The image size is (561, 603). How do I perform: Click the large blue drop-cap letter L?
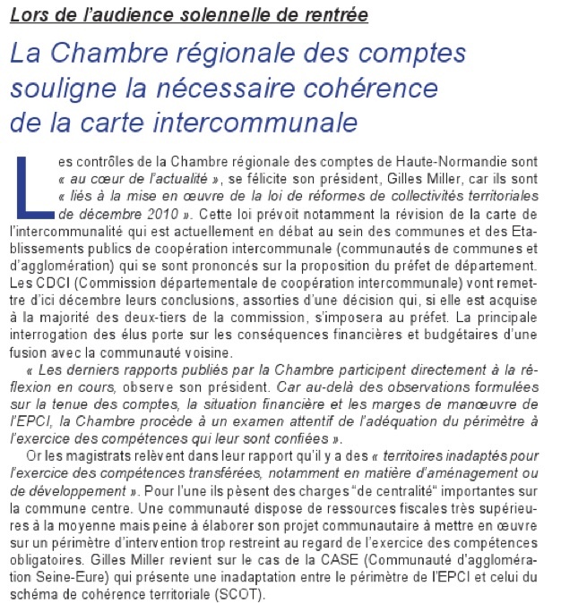34,185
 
